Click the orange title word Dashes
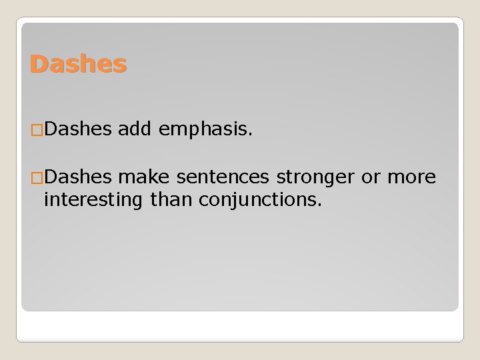pos(77,64)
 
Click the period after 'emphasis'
pos(250,137)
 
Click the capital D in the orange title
pos(37,64)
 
